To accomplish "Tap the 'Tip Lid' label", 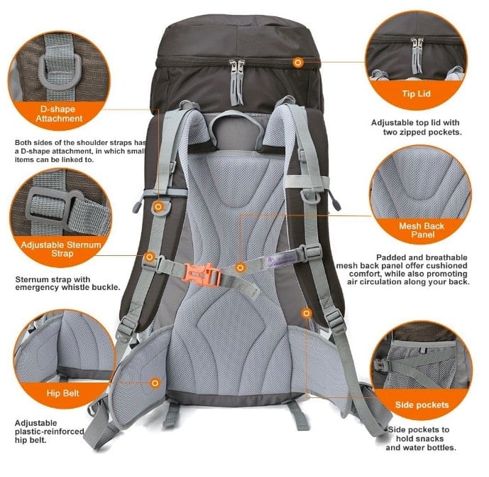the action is tap(416, 94).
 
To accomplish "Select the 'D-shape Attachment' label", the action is tap(59, 114).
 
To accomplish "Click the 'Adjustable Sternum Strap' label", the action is tap(61, 249).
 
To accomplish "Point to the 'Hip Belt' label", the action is tap(62, 393).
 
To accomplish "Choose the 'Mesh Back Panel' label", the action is tap(422, 230).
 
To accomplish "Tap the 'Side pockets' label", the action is tap(422, 404).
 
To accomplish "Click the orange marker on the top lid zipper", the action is tap(298, 63).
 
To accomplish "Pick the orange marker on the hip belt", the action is tap(155, 383).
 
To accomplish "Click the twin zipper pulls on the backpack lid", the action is tap(237, 82).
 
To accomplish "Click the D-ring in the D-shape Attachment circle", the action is tap(59, 73).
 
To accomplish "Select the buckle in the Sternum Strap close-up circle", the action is tap(52, 208).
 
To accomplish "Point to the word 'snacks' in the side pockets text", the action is tap(431, 439).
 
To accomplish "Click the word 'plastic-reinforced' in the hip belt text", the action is tap(50, 432).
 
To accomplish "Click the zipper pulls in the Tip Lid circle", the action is tap(417, 54).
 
